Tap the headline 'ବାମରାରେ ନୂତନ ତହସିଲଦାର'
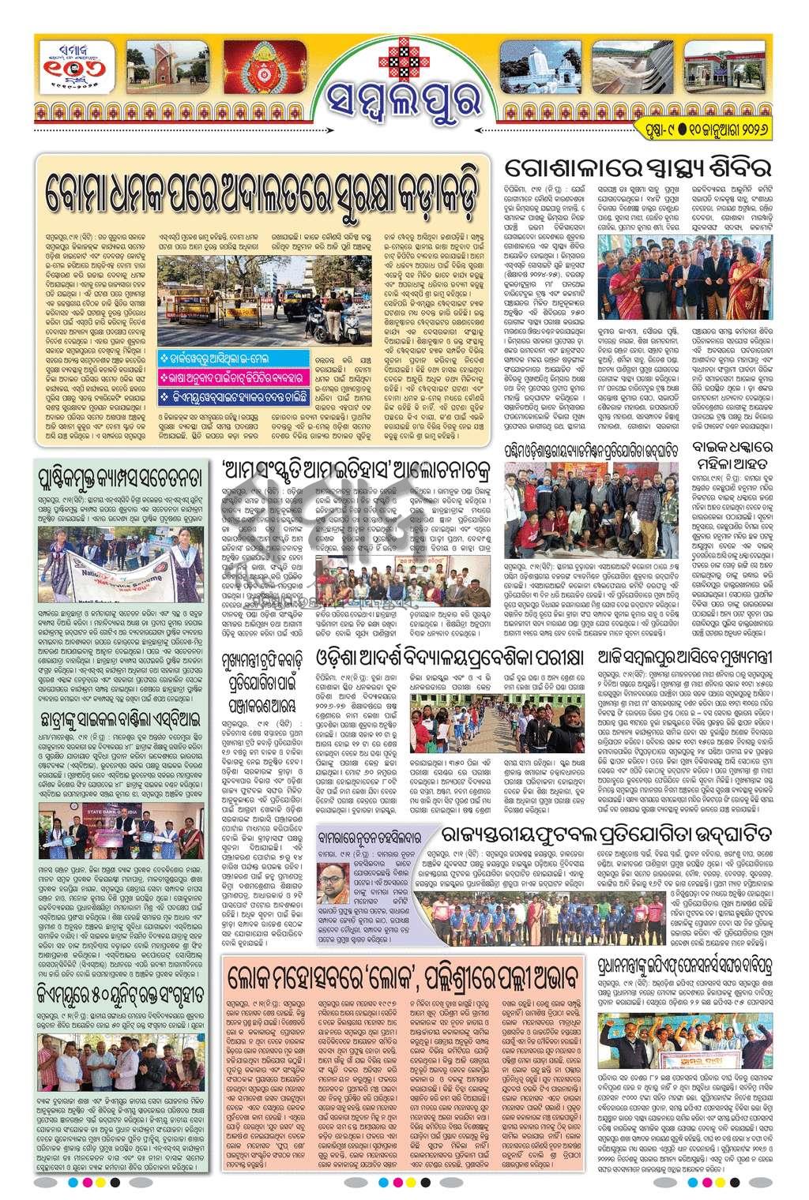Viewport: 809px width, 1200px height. pyautogui.click(x=378, y=832)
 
